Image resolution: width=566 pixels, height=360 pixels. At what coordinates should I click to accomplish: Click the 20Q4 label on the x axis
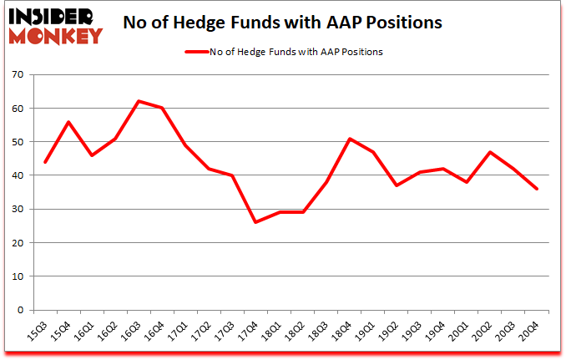[x=530, y=332]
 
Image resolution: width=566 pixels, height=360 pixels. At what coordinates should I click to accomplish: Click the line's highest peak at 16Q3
[x=139, y=101]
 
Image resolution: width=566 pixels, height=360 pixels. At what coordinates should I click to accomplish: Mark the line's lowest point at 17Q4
[x=255, y=222]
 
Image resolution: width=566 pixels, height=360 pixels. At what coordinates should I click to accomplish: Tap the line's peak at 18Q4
[x=349, y=139]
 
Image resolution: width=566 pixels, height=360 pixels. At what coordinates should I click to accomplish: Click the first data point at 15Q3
[x=45, y=162]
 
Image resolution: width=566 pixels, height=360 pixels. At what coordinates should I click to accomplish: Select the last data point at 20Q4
[x=536, y=189]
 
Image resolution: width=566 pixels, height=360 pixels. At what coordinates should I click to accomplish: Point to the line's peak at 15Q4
[x=68, y=122]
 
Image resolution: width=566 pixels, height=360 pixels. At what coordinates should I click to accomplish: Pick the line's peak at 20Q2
[x=489, y=152]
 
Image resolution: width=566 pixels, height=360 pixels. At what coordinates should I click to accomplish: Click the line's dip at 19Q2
[x=396, y=185]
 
